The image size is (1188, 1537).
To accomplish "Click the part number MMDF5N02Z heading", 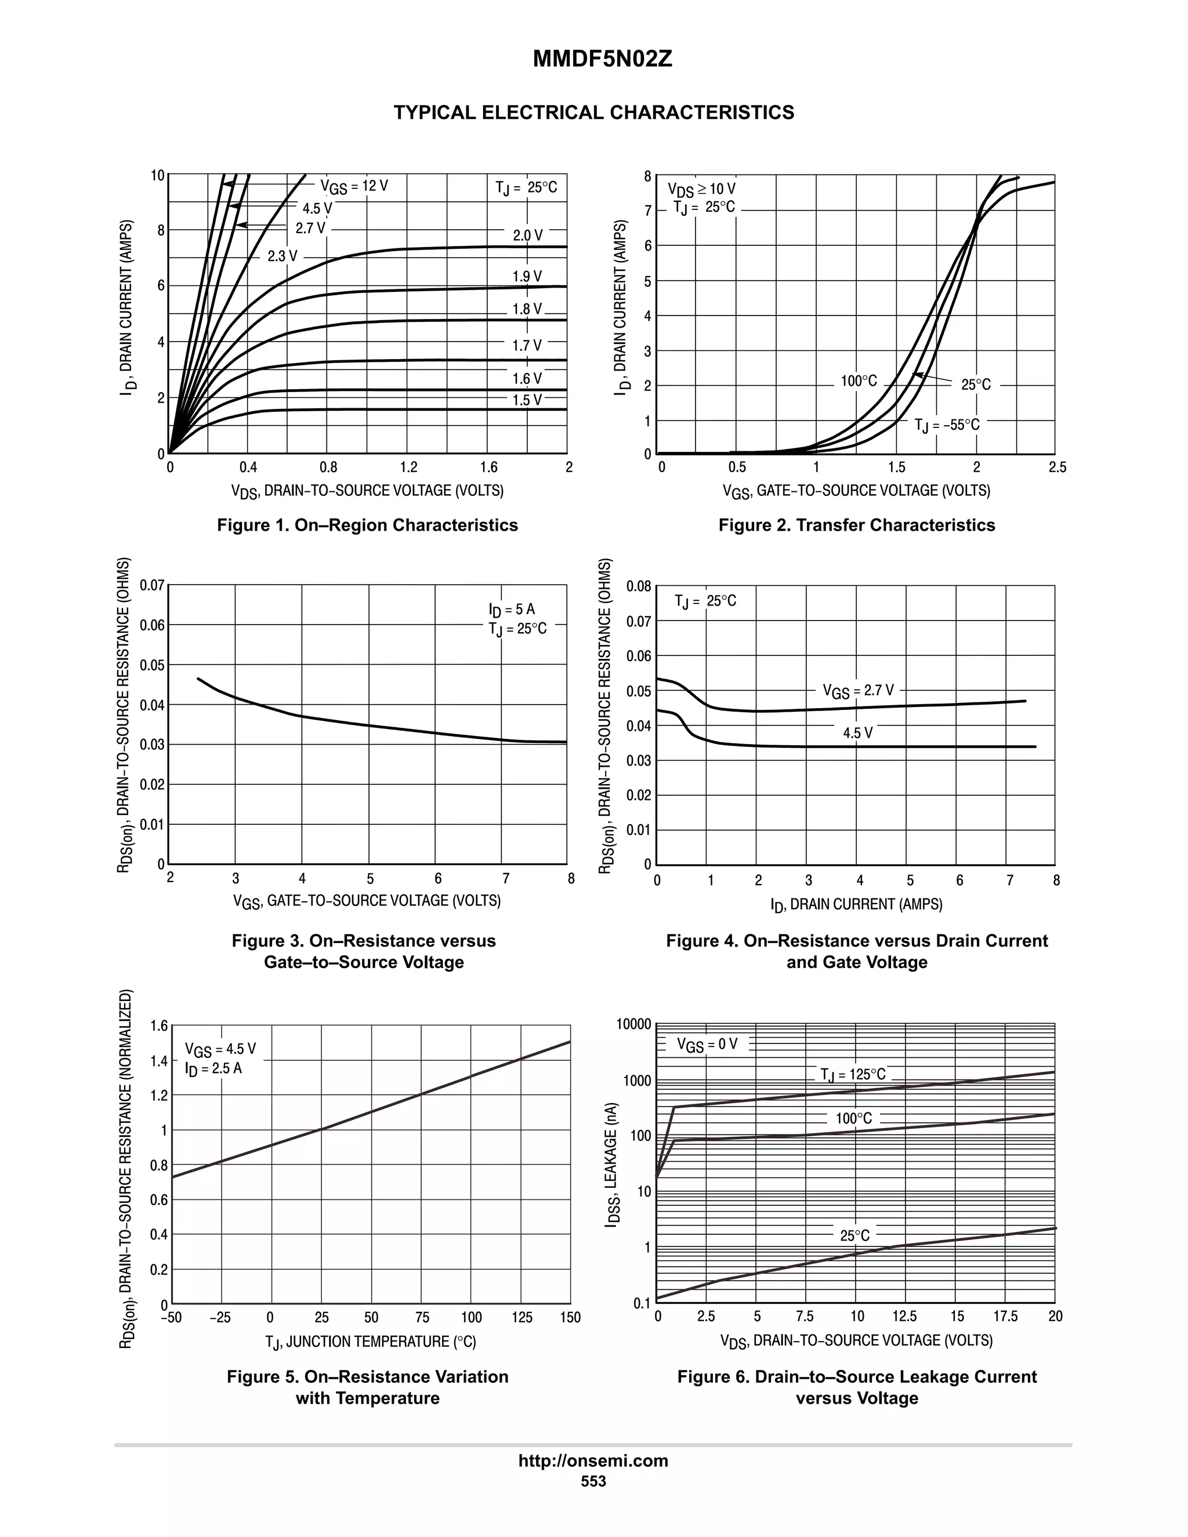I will tap(603, 60).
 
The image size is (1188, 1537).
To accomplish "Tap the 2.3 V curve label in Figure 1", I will tap(282, 256).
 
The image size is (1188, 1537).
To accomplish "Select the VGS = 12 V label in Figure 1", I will tap(354, 187).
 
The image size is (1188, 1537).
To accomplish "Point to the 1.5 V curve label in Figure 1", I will tap(527, 400).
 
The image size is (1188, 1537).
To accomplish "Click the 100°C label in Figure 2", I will tap(859, 382).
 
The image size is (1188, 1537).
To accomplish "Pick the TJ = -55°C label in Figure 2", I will tap(947, 425).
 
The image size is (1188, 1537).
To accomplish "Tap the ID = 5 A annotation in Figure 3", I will tap(512, 610).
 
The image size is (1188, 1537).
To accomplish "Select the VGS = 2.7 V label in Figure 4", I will tap(858, 691).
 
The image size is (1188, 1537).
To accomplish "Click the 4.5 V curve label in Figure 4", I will tap(857, 733).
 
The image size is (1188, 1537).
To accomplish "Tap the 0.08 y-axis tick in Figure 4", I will tap(640, 586).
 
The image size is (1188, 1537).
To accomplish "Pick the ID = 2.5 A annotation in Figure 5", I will tap(213, 1068).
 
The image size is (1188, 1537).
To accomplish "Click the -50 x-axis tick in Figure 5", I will tap(171, 1317).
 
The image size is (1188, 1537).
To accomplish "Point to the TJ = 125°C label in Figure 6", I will tap(852, 1075).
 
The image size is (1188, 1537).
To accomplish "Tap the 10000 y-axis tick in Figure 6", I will tap(634, 1024).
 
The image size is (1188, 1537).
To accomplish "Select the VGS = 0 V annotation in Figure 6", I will tap(707, 1045).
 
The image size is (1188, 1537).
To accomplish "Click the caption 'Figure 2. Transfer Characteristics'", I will tap(857, 525).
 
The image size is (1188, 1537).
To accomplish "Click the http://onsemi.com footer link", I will tap(593, 1461).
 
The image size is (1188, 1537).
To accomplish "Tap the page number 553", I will tap(593, 1481).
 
